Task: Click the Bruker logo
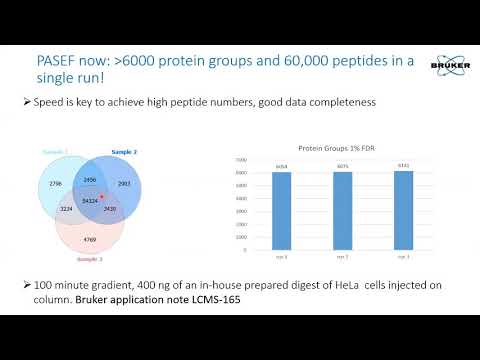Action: [447, 64]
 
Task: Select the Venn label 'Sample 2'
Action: [124, 152]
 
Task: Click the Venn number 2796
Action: [56, 184]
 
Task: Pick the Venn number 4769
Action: [91, 239]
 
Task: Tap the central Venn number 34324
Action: [90, 200]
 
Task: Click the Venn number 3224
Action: [67, 209]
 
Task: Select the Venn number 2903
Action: [125, 185]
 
